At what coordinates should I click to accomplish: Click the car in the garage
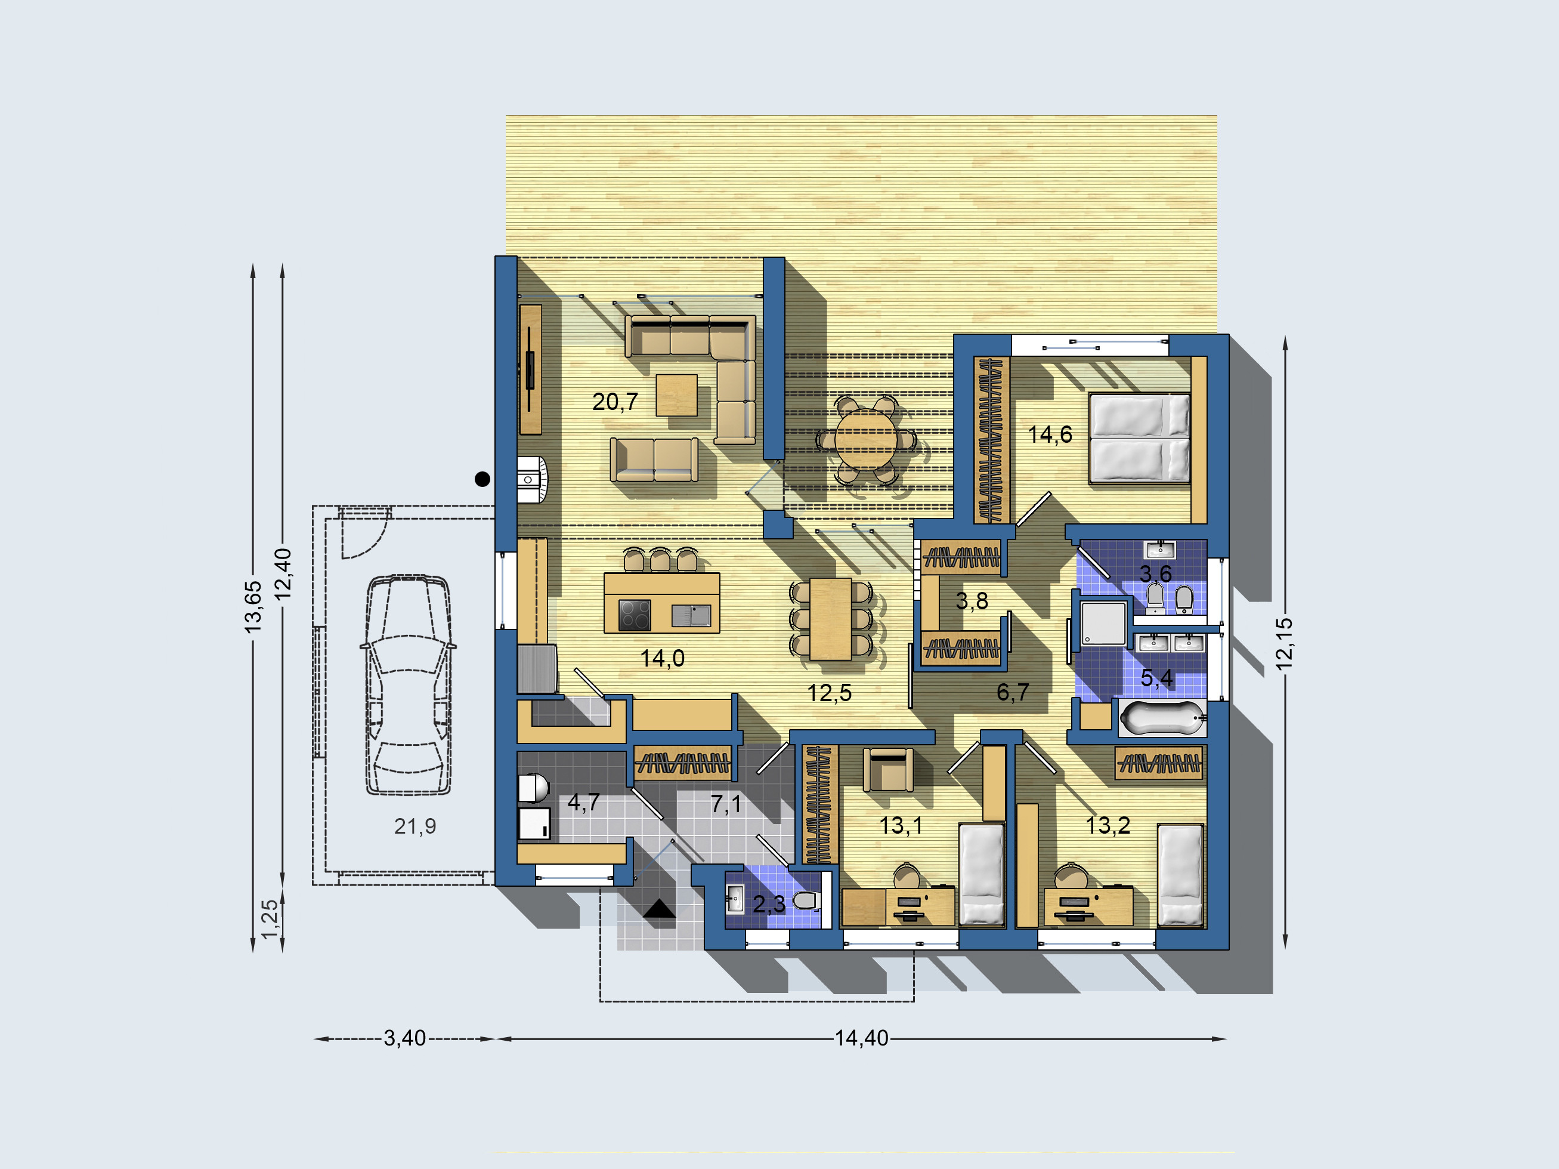pyautogui.click(x=408, y=684)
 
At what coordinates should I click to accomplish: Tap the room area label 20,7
pyautogui.click(x=614, y=402)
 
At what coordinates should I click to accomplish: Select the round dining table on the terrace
pyautogui.click(x=866, y=439)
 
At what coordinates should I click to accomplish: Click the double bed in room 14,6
pyautogui.click(x=1140, y=439)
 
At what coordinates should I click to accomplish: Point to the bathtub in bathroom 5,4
pyautogui.click(x=1162, y=718)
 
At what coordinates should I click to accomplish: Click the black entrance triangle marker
pyautogui.click(x=659, y=909)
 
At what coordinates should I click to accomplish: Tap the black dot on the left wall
pyautogui.click(x=482, y=479)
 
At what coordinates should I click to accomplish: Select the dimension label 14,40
pyautogui.click(x=861, y=1038)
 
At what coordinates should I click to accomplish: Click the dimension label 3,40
pyautogui.click(x=404, y=1038)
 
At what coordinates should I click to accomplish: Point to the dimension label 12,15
pyautogui.click(x=1284, y=643)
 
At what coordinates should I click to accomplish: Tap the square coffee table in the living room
pyautogui.click(x=676, y=395)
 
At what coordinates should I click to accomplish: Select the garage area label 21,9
pyautogui.click(x=415, y=826)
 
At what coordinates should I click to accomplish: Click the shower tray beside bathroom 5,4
pyautogui.click(x=1104, y=623)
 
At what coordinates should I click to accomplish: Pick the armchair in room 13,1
pyautogui.click(x=888, y=770)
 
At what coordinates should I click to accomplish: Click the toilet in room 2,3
pyautogui.click(x=806, y=900)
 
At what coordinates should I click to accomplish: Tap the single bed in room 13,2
pyautogui.click(x=1180, y=875)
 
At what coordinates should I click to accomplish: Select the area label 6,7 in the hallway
pyautogui.click(x=1012, y=692)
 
